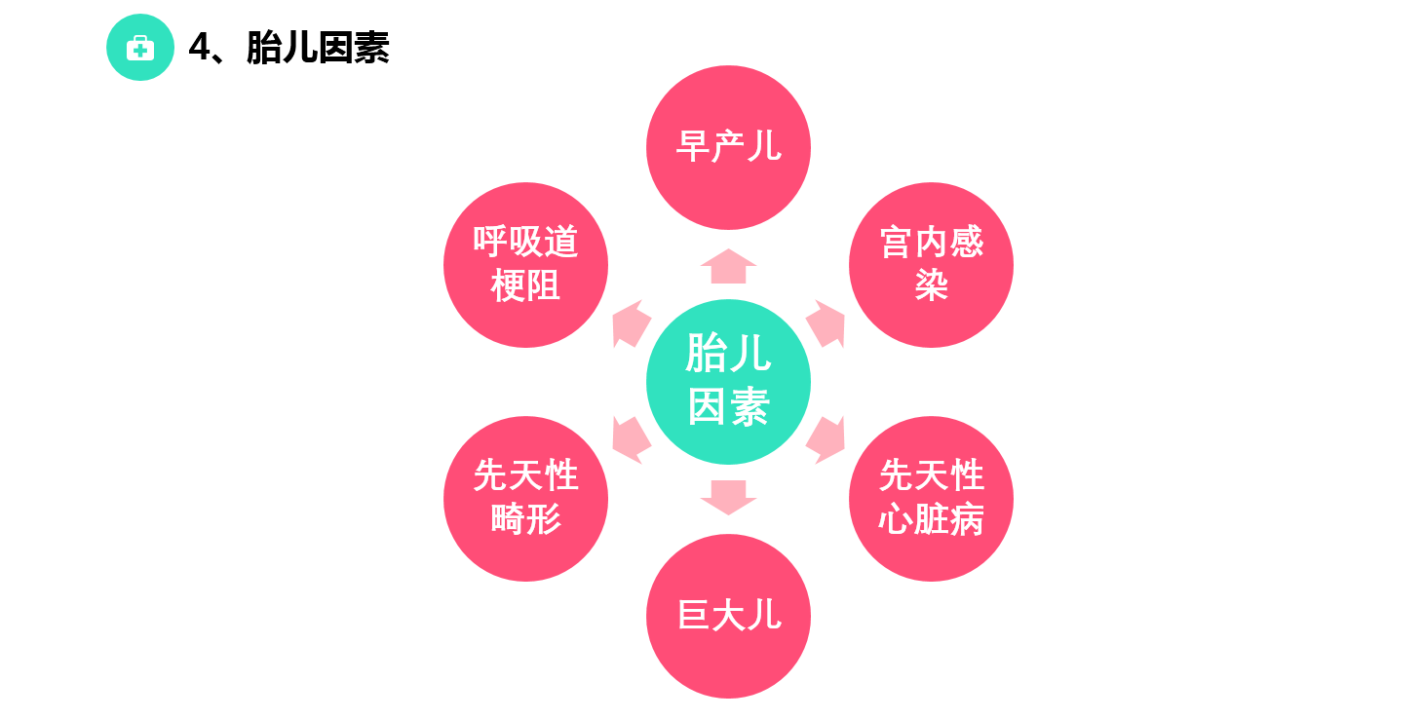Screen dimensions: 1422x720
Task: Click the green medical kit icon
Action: [x=140, y=48]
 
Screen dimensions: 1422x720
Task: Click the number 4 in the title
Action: [x=199, y=48]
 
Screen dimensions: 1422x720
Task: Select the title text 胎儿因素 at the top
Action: [x=318, y=48]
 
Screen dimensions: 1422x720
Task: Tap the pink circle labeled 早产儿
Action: [x=728, y=147]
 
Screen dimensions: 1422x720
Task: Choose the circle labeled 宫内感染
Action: [x=931, y=264]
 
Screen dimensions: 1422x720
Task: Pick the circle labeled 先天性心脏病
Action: [x=931, y=498]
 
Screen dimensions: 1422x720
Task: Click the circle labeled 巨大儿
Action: [x=728, y=616]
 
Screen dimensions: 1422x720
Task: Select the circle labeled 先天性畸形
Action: [x=525, y=498]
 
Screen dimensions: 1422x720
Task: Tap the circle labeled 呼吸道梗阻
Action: [x=525, y=264]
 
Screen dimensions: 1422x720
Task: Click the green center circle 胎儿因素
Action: [x=728, y=381]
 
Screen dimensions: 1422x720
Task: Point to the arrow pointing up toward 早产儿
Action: [x=728, y=266]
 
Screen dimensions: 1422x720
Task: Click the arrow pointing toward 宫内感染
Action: [x=826, y=323]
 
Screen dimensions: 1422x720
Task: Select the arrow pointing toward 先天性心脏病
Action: [x=826, y=438]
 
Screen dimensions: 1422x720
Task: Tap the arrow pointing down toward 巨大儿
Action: [x=728, y=497]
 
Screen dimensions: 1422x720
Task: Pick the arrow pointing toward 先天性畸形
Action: [x=631, y=438]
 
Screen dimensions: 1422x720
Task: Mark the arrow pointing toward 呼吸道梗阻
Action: [x=631, y=323]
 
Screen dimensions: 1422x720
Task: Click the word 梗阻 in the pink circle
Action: [x=525, y=286]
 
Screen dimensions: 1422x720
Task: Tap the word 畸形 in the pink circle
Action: [x=525, y=520]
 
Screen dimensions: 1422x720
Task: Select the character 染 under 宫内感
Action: [x=931, y=286]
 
